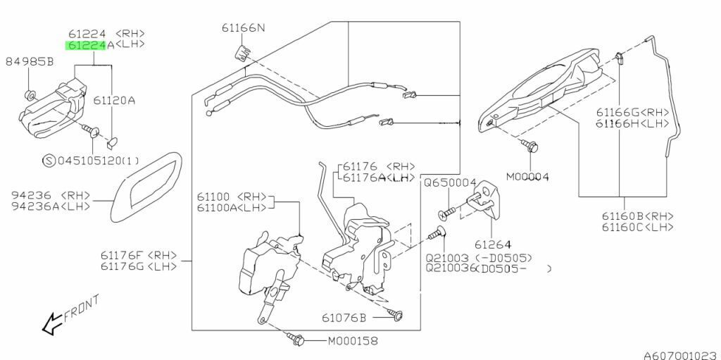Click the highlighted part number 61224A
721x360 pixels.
pos(87,46)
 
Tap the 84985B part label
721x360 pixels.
pos(30,61)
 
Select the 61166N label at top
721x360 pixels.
pos(244,28)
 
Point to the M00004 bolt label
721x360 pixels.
pos(527,176)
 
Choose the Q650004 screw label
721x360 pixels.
pos(450,182)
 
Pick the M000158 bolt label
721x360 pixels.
pos(353,341)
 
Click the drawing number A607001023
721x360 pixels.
pos(679,354)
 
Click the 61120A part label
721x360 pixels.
pos(114,101)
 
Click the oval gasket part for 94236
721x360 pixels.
pos(147,185)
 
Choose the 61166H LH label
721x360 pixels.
pos(632,123)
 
